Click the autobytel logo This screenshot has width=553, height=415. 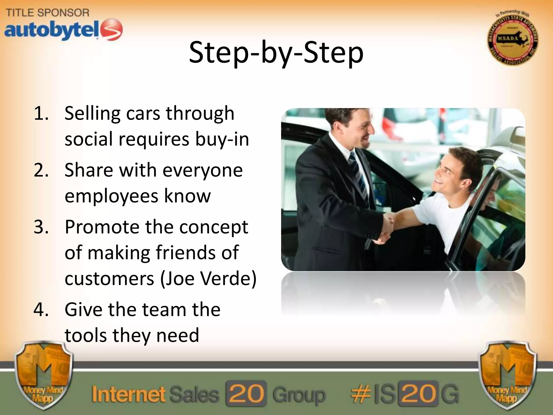(x=63, y=30)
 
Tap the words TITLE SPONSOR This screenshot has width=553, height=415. (x=48, y=12)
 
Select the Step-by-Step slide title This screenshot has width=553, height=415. (x=276, y=53)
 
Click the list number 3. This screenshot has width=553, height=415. (x=41, y=227)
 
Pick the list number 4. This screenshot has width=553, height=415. (x=41, y=310)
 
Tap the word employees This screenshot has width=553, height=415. (x=111, y=196)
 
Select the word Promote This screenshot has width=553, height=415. (x=102, y=227)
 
